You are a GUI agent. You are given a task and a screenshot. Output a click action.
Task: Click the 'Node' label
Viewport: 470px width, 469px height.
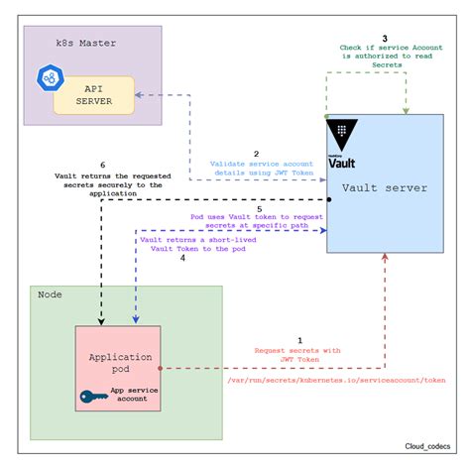[x=50, y=294]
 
